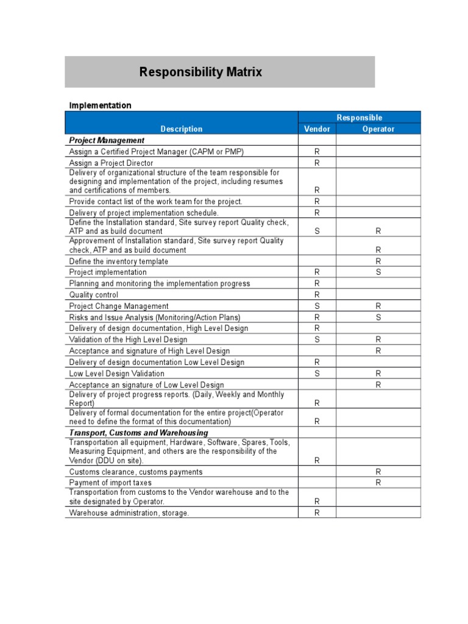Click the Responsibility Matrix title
coord(200,72)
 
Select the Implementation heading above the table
coord(100,105)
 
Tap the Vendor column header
coord(317,129)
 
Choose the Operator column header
coord(378,129)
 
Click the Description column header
coord(181,129)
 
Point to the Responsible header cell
coord(359,118)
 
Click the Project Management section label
coord(107,140)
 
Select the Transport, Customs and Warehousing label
coord(138,433)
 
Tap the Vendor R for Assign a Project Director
coord(317,163)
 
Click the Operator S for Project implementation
coord(378,272)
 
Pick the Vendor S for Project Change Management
coord(317,306)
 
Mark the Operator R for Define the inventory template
coord(378,261)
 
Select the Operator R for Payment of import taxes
coord(378,483)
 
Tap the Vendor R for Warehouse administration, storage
coord(317,512)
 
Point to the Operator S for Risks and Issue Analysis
coord(378,317)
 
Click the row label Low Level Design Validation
coord(116,374)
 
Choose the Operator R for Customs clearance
coord(378,472)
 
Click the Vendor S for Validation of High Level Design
coord(317,339)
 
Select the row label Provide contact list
coord(155,201)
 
